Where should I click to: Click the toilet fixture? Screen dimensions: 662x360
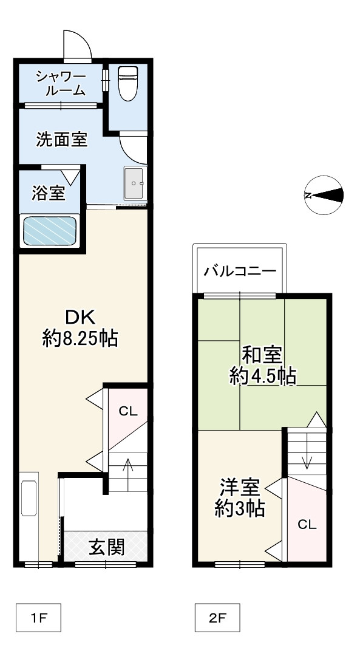[127, 83]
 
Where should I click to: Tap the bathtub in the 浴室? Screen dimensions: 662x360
[50, 231]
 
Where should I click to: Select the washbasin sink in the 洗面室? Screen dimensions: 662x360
[134, 182]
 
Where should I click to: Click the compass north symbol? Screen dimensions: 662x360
[324, 195]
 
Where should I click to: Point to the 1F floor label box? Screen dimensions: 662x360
[38, 619]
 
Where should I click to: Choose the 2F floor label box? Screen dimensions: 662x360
[217, 619]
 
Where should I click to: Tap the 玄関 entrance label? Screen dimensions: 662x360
[107, 547]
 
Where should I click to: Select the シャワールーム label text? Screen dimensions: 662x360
[61, 84]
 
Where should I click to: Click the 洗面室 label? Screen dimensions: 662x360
[61, 140]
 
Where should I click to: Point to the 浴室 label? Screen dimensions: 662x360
[49, 194]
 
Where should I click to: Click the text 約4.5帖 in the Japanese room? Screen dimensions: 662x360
[262, 377]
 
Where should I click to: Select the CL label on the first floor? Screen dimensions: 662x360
[128, 411]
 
